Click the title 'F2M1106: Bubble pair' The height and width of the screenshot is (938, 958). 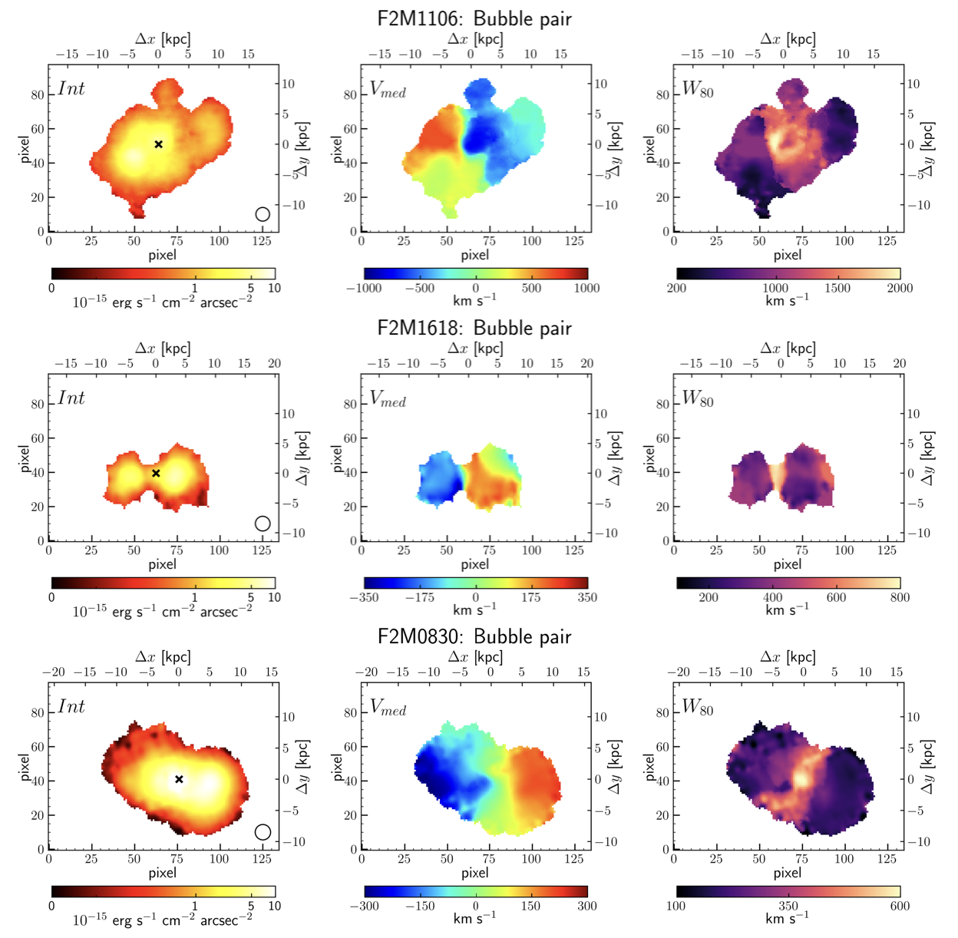pos(474,18)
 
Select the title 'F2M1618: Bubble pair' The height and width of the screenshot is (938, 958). pos(474,328)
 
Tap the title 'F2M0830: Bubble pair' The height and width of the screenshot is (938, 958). pos(474,636)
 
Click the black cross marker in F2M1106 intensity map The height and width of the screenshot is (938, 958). pos(159,144)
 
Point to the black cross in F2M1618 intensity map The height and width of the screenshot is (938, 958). pos(156,474)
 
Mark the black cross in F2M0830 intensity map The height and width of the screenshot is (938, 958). pos(179,779)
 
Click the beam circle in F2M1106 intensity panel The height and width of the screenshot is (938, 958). pos(263,214)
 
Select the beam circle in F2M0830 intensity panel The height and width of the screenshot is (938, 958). pos(263,832)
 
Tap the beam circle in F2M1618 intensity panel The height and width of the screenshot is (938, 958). pos(263,523)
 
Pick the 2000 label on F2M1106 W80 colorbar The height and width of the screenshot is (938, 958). pos(900,289)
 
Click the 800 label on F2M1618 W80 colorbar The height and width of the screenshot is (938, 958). pos(900,598)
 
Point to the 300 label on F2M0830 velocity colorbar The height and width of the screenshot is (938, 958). pos(587,907)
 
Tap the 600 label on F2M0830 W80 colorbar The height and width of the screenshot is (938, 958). pos(900,907)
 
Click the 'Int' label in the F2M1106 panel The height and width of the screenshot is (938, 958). pos(71,89)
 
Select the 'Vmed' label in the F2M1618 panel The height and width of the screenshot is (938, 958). pos(388,399)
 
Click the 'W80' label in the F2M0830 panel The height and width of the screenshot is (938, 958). pos(698,708)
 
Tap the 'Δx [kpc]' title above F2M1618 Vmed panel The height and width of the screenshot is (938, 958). pos(475,348)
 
